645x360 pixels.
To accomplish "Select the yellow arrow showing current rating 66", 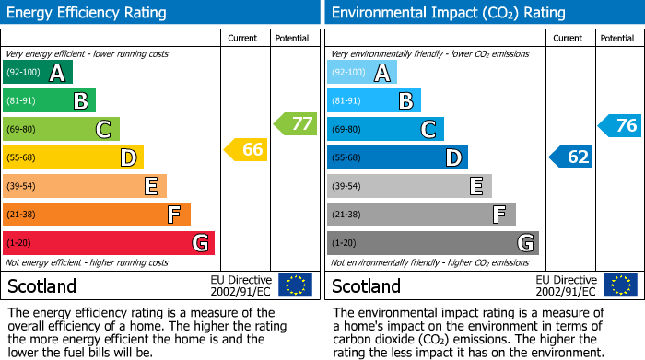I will coord(247,149).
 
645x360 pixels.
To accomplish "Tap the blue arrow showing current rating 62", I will coord(572,157).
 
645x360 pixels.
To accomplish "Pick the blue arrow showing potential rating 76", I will coord(620,125).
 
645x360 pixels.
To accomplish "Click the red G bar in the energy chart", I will coord(109,243).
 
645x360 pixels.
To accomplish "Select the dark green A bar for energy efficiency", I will coord(38,72).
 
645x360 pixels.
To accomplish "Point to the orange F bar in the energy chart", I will coord(97,215).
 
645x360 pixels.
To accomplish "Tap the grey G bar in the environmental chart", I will coord(432,243).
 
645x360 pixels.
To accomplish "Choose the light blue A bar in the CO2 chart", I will coord(362,72).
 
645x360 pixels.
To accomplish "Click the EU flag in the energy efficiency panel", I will coord(295,285).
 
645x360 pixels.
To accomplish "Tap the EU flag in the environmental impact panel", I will coord(620,285).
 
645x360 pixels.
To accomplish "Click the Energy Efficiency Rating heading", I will coord(88,13).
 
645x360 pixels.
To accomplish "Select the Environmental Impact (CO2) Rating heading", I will coord(447,13).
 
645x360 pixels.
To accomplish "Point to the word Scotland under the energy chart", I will coord(42,285).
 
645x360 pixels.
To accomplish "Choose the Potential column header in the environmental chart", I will coord(616,38).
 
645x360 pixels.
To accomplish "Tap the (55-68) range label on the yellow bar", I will coord(22,158).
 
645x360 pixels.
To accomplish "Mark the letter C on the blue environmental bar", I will coord(428,130).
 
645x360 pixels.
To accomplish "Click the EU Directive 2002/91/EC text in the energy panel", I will coord(241,285).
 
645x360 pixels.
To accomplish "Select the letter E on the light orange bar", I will coord(150,186).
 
